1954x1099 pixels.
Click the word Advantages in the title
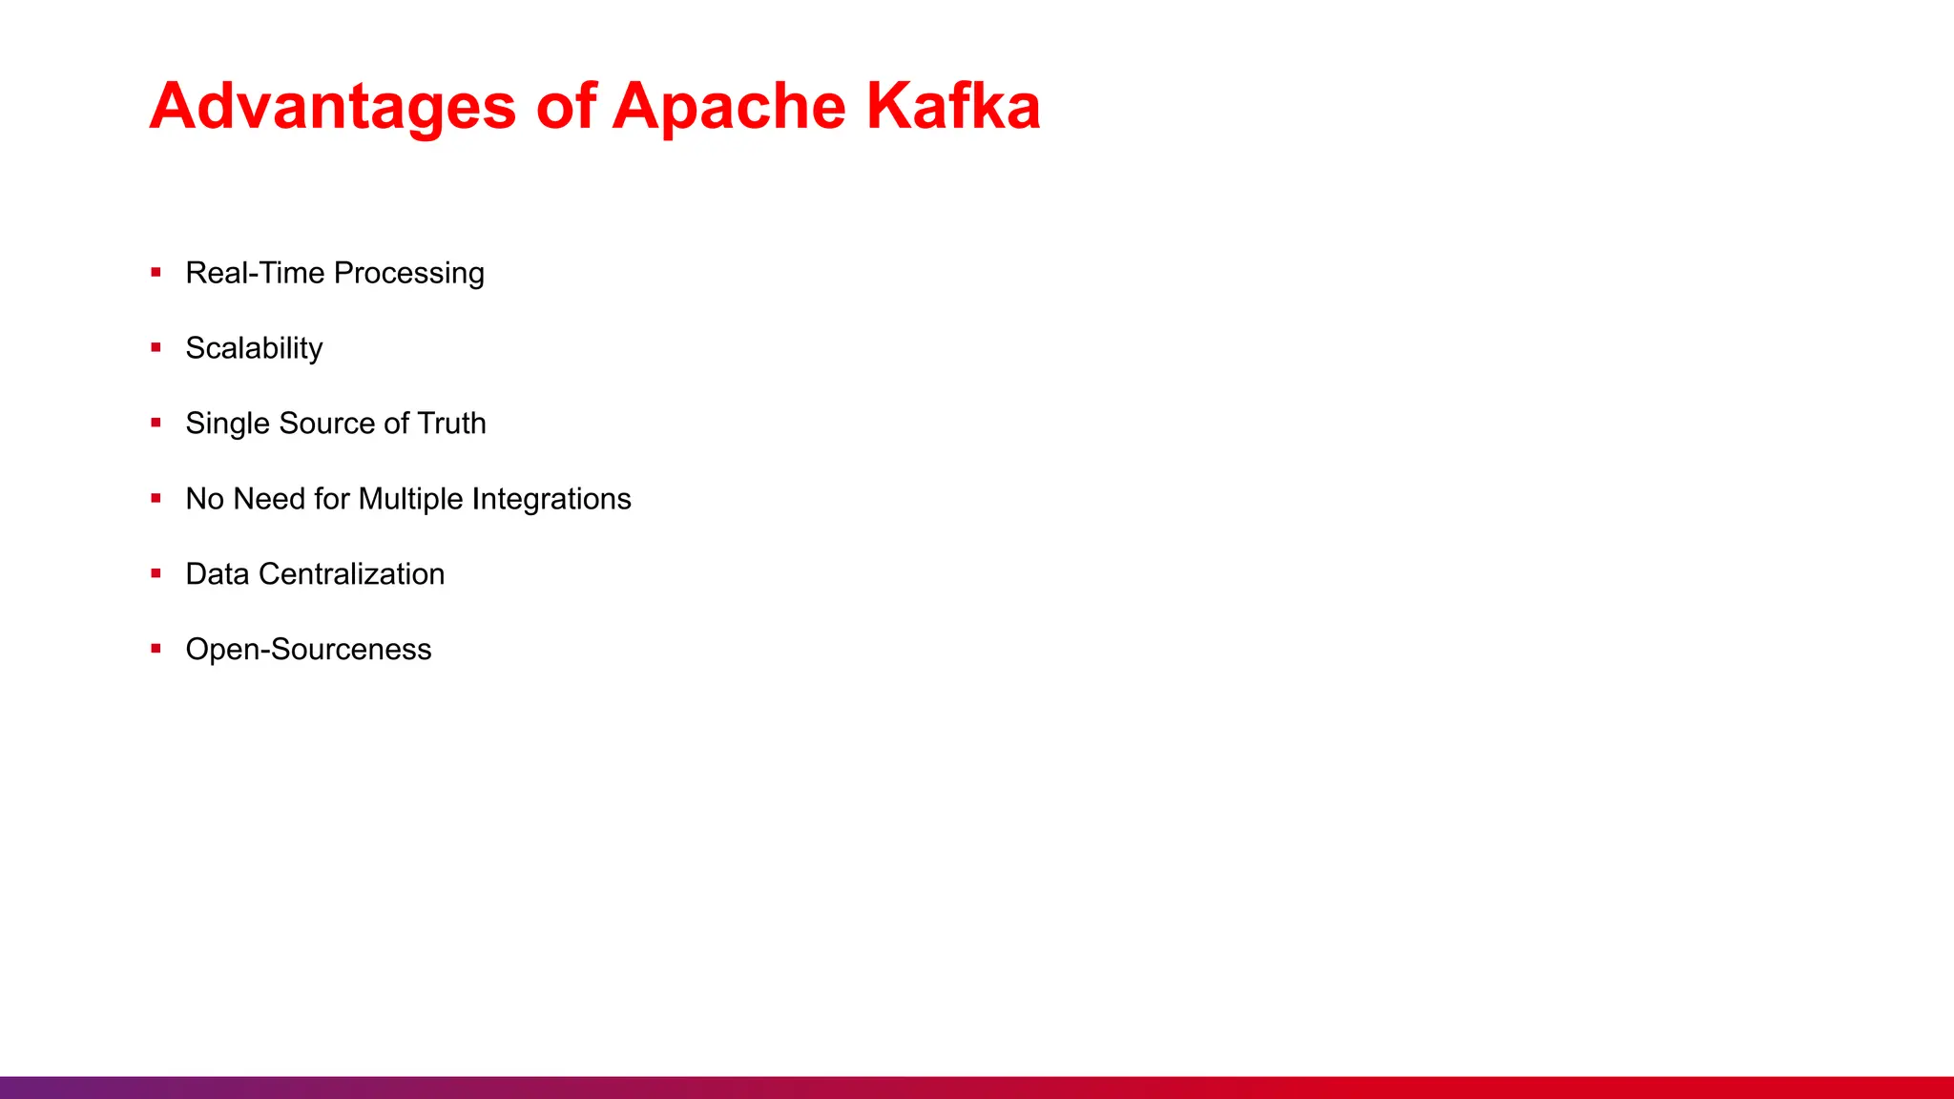(x=332, y=106)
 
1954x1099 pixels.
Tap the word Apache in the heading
(x=728, y=106)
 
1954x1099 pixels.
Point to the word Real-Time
(x=255, y=273)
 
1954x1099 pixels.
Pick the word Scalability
(x=254, y=348)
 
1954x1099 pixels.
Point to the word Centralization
(x=351, y=574)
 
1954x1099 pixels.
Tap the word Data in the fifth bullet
(x=217, y=574)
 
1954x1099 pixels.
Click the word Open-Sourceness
(x=308, y=650)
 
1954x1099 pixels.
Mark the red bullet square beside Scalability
(x=156, y=348)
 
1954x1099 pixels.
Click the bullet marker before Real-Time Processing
(x=156, y=273)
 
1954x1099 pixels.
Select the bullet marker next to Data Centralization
(x=156, y=573)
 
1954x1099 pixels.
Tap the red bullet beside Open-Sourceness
(x=156, y=649)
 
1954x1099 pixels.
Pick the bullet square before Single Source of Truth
(x=156, y=423)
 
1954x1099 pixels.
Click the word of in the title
(x=566, y=106)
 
